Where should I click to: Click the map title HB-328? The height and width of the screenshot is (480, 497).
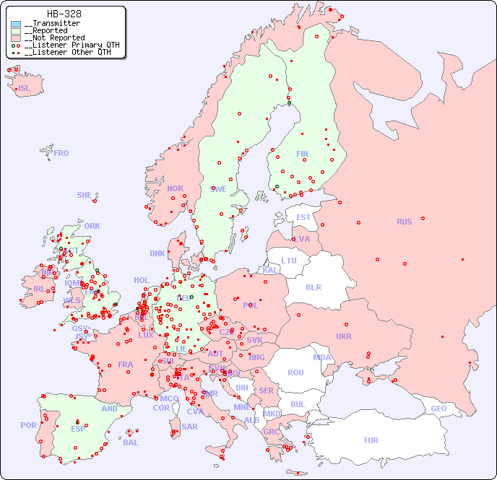click(x=64, y=14)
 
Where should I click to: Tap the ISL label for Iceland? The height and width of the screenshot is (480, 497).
click(x=25, y=89)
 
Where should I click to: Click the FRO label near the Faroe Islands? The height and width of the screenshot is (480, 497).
click(x=61, y=153)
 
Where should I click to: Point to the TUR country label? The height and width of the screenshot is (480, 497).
click(x=371, y=440)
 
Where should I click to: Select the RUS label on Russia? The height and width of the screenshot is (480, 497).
click(x=404, y=222)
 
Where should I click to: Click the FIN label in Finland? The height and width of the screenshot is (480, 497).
click(x=302, y=154)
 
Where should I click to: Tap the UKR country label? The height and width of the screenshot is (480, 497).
click(x=344, y=336)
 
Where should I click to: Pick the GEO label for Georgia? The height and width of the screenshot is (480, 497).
click(x=438, y=409)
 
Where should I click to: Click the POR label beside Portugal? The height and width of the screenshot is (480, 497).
click(x=28, y=425)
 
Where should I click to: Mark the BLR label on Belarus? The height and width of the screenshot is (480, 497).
click(x=313, y=287)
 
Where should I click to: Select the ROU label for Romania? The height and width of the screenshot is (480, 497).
click(x=295, y=372)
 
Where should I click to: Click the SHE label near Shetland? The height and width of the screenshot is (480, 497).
click(x=85, y=195)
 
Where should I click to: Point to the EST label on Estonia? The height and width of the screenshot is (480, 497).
click(x=303, y=217)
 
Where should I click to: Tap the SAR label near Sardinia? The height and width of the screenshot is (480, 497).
click(x=189, y=427)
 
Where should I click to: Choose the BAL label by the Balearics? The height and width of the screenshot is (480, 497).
click(x=131, y=442)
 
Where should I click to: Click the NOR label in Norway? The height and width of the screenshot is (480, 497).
click(x=175, y=188)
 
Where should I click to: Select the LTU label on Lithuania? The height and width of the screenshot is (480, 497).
click(x=289, y=261)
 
